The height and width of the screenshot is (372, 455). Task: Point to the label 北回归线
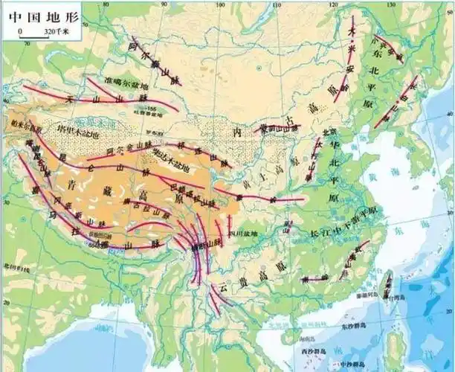point(15,265)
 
